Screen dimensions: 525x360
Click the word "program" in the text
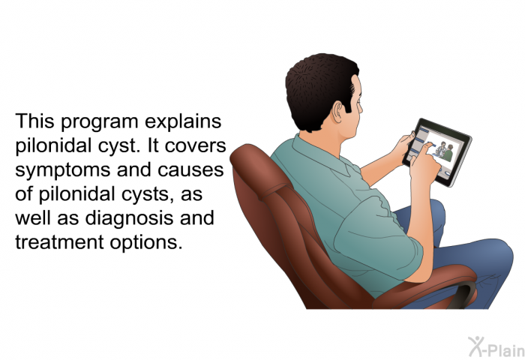[x=100, y=122]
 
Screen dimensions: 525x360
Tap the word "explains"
[x=183, y=122]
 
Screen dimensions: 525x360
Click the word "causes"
[x=190, y=170]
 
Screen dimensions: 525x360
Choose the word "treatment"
[x=59, y=242]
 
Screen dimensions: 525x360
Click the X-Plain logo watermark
[x=496, y=347]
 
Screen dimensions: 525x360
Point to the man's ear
[x=337, y=111]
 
